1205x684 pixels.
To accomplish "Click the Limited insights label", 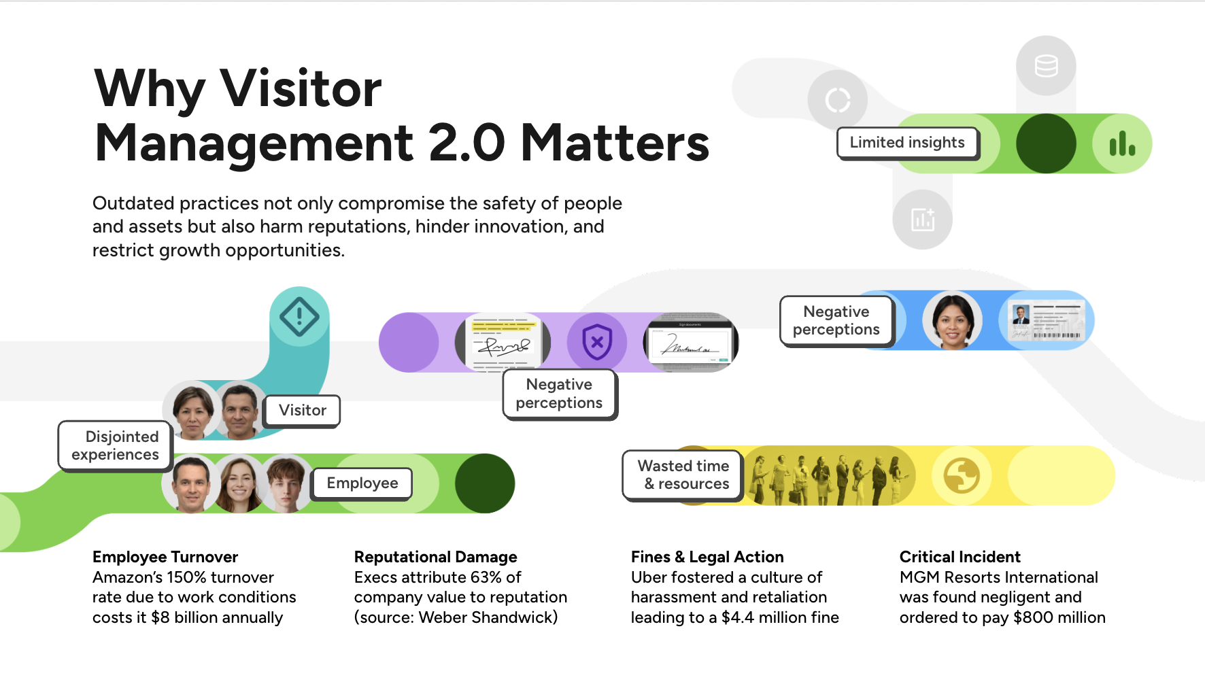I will (x=907, y=143).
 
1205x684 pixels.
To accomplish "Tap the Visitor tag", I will (x=302, y=410).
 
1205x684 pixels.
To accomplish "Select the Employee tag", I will (x=362, y=483).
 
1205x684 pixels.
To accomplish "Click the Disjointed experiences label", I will (x=116, y=445).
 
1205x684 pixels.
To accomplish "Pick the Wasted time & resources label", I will (x=683, y=475).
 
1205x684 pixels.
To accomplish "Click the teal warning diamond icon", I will (x=299, y=316).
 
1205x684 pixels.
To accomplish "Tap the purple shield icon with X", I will (x=597, y=342).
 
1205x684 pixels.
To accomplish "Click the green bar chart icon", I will (x=1122, y=143).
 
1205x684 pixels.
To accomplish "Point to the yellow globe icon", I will (x=961, y=475).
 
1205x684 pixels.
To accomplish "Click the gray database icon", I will (x=1046, y=66).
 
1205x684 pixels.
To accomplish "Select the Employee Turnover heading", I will (x=165, y=557).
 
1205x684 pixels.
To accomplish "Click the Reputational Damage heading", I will (x=435, y=557).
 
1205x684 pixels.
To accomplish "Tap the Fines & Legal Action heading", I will (x=707, y=557).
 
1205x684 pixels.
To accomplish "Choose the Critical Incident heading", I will (x=960, y=557).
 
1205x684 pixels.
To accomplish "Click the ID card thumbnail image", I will (x=1047, y=320).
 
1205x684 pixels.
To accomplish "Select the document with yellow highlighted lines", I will (x=503, y=341).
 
